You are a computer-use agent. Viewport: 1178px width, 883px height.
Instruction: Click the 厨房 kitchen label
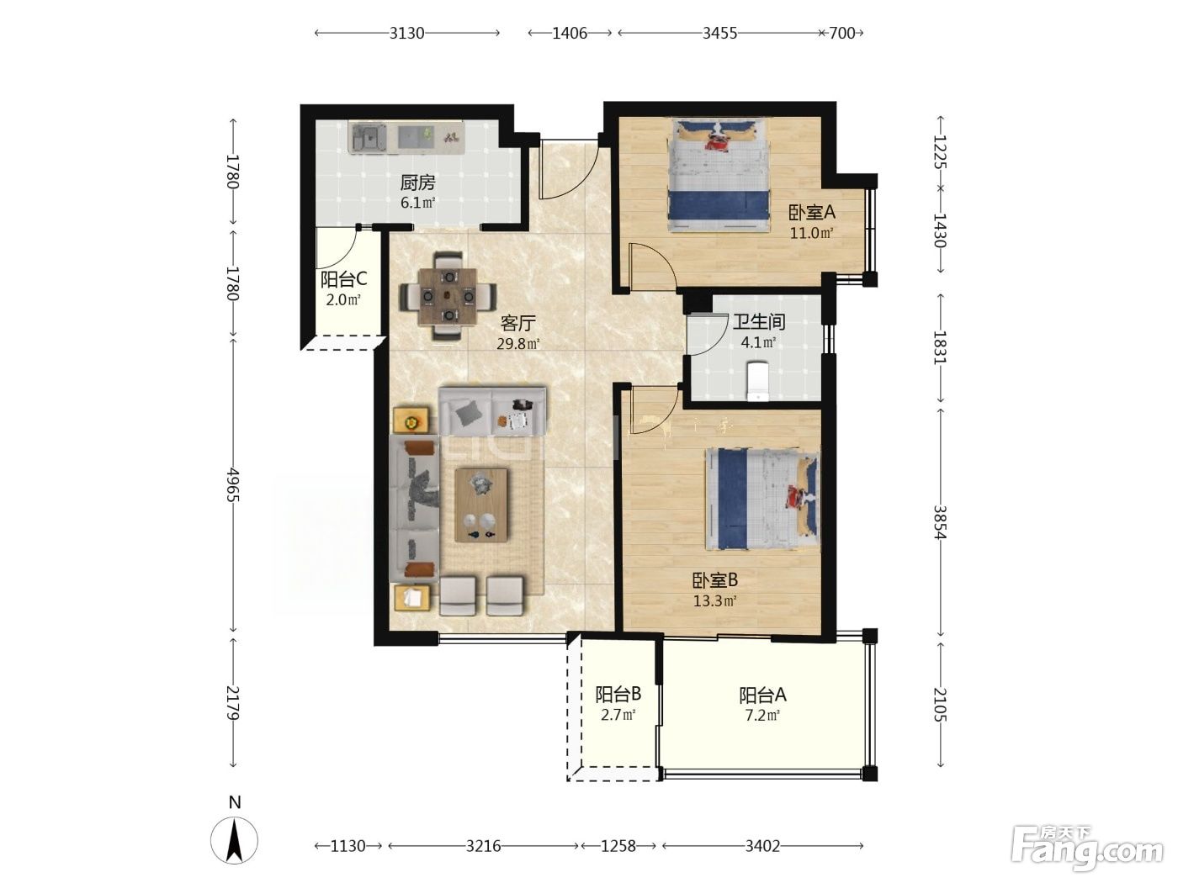[x=417, y=182]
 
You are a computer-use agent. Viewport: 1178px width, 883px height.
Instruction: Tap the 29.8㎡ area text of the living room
[x=517, y=344]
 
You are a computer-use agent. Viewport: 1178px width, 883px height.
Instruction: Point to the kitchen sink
[x=369, y=137]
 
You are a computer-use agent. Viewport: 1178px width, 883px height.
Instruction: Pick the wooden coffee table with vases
[x=480, y=505]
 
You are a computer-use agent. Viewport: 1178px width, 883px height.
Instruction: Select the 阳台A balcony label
[x=762, y=695]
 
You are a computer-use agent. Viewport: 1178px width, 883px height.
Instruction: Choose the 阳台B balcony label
[x=618, y=695]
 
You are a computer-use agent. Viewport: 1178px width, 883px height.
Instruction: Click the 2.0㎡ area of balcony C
[x=343, y=299]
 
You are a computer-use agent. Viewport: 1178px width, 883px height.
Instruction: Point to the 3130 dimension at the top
[x=406, y=34]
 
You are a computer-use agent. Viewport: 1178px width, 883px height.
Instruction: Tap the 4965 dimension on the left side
[x=233, y=484]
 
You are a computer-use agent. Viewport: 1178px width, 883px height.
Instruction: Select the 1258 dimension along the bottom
[x=618, y=846]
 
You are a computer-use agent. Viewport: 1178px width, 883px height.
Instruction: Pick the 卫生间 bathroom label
[x=759, y=322]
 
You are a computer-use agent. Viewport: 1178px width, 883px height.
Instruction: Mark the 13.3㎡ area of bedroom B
[x=714, y=601]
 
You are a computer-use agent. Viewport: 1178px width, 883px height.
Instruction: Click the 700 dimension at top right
[x=841, y=34]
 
